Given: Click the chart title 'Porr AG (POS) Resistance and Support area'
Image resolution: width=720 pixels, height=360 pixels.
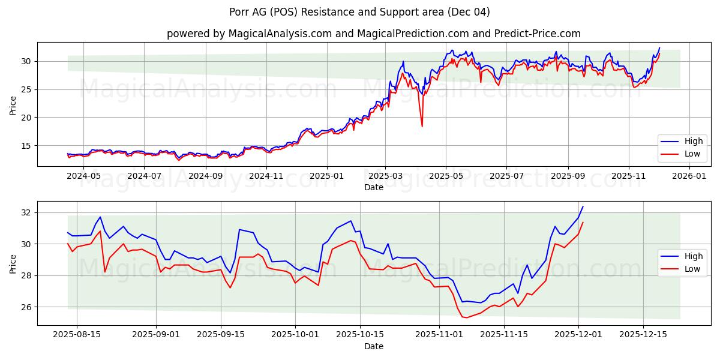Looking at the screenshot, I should click(359, 12).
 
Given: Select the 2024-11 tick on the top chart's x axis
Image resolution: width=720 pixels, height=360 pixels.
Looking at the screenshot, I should click(266, 176).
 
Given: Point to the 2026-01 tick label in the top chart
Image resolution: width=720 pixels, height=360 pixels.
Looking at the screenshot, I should click(689, 176).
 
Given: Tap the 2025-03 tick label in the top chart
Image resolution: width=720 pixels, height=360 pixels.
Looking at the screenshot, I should click(386, 176).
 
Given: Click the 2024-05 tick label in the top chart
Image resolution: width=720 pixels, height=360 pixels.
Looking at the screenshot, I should click(83, 176).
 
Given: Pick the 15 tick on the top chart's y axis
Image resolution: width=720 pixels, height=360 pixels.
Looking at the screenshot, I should click(26, 146).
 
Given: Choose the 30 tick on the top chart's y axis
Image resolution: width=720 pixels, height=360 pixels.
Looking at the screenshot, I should click(26, 61).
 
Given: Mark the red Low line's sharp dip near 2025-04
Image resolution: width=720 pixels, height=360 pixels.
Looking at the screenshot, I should click(422, 126).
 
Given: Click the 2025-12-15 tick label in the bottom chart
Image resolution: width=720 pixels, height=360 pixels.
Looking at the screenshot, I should click(643, 335).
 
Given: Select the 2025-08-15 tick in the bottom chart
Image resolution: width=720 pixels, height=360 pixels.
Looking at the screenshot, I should click(77, 335).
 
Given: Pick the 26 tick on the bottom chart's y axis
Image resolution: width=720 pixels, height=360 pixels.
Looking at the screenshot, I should click(26, 307).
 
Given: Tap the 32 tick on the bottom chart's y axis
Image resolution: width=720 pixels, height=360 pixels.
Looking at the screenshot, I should click(26, 212).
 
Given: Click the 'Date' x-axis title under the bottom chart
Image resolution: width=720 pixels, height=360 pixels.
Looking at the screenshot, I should click(373, 346).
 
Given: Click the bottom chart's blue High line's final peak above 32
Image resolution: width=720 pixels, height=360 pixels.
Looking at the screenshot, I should click(583, 207).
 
